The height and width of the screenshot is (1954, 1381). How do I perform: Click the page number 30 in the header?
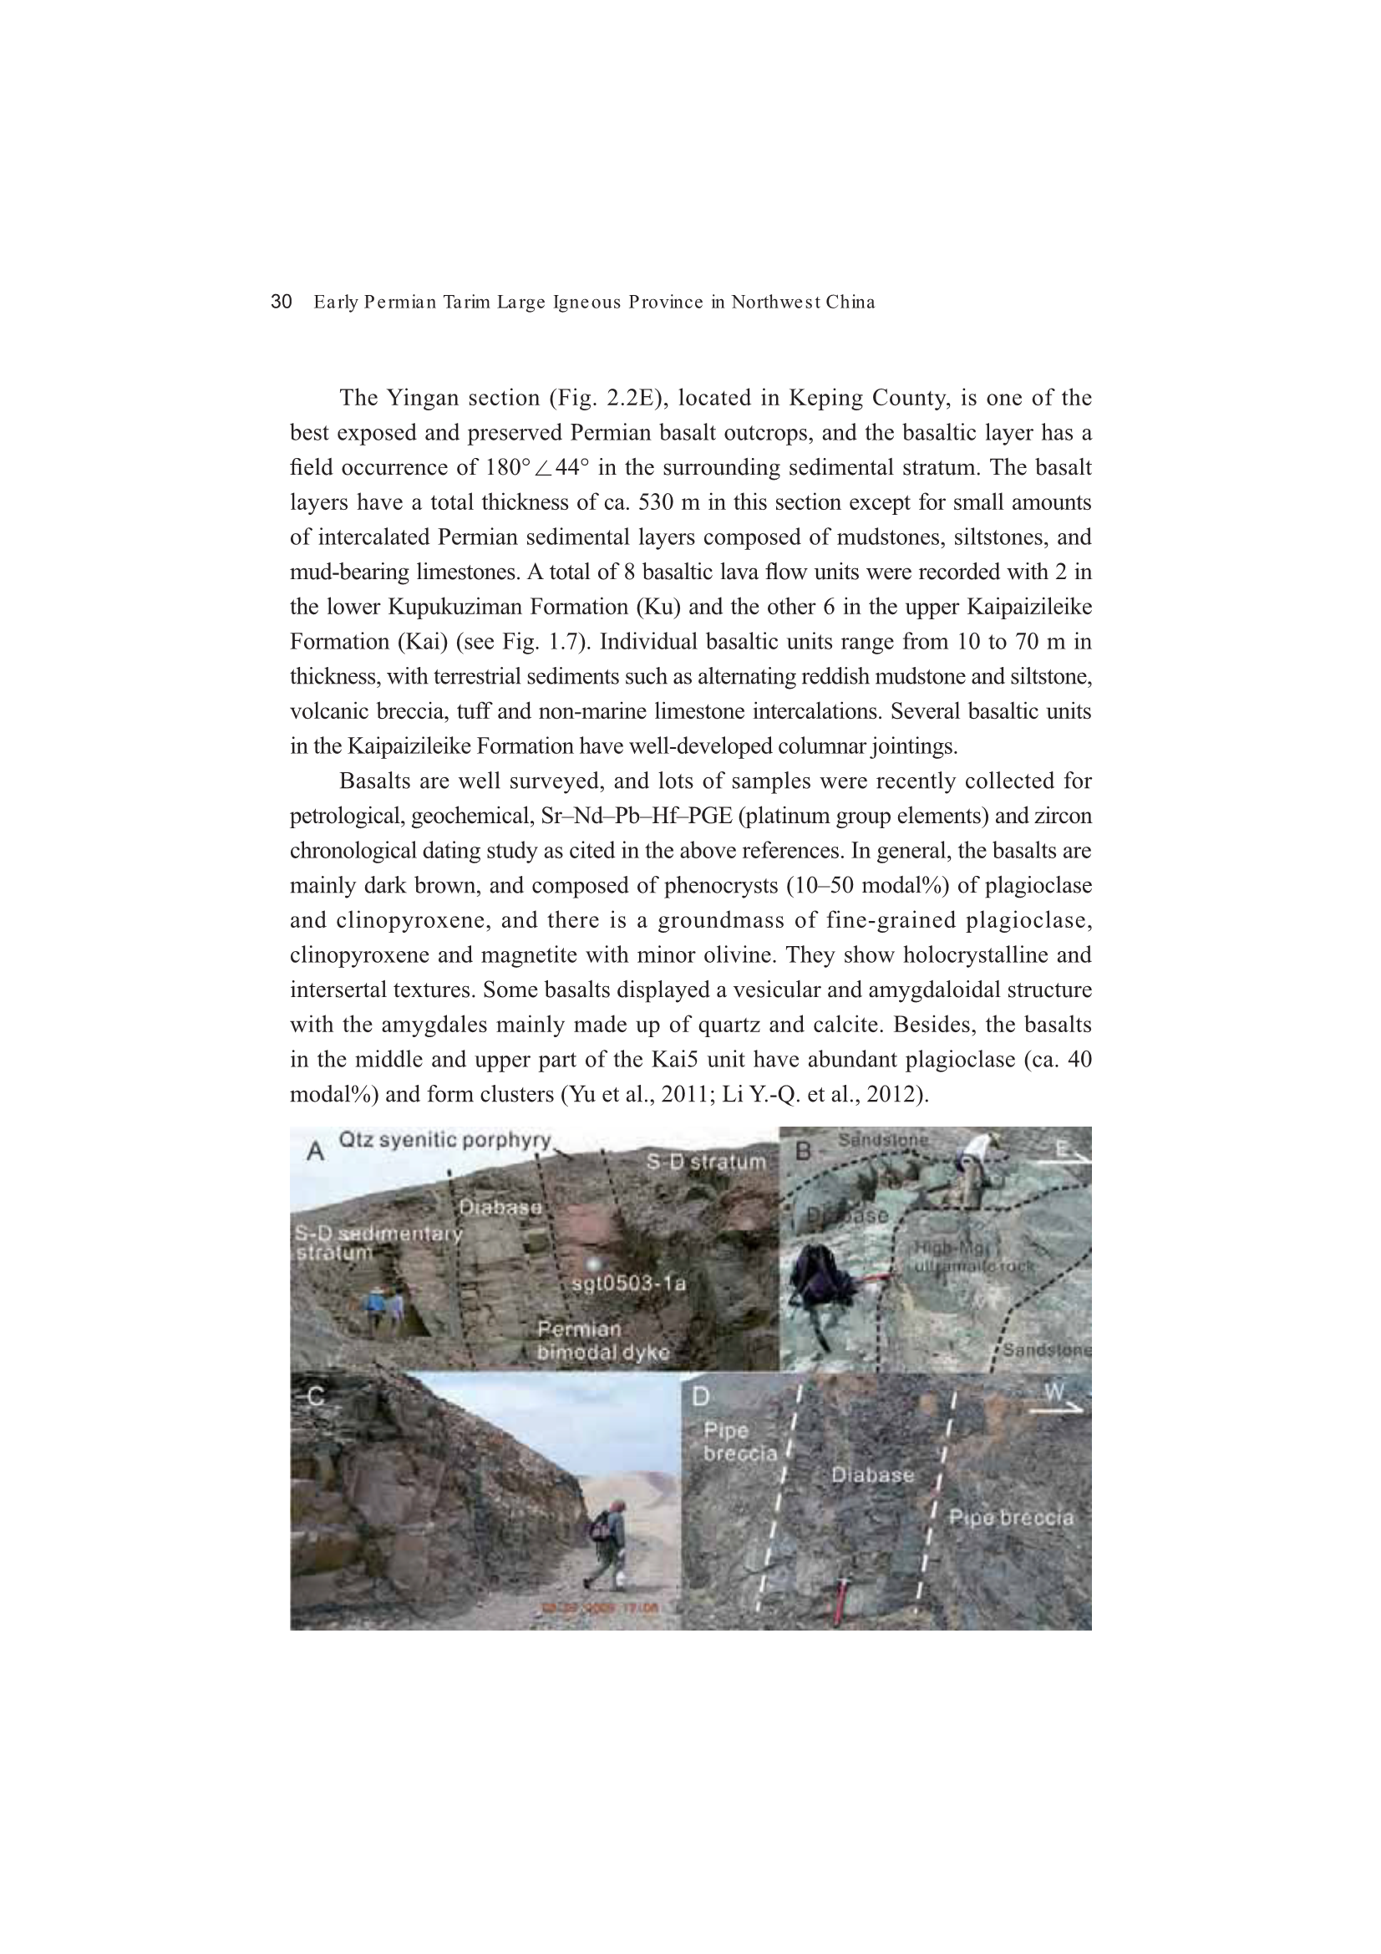pyautogui.click(x=281, y=302)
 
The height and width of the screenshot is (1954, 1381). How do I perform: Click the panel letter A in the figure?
pyautogui.click(x=315, y=1152)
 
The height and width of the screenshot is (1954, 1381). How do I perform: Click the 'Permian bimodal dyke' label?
pyautogui.click(x=602, y=1341)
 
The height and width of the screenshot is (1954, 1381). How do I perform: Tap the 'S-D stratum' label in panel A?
pyautogui.click(x=706, y=1162)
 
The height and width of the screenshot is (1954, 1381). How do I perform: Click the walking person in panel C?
pyautogui.click(x=607, y=1541)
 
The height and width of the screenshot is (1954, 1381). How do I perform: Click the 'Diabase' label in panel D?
pyautogui.click(x=872, y=1475)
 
